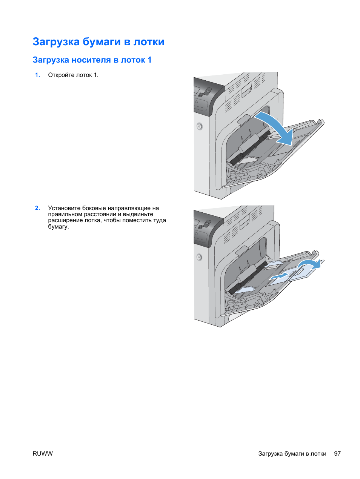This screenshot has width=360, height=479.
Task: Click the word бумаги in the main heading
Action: (x=102, y=42)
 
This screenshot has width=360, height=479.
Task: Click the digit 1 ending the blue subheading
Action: (x=149, y=60)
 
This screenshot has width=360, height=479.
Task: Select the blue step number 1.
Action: (x=37, y=75)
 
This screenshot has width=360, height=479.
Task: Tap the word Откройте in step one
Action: (x=61, y=75)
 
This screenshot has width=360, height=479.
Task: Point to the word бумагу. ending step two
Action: (x=58, y=227)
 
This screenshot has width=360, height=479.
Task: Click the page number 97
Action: (x=337, y=453)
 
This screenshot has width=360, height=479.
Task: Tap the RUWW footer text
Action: (x=43, y=453)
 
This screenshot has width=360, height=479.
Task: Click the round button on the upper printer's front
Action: (x=200, y=126)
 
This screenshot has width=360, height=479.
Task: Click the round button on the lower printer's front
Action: (x=199, y=257)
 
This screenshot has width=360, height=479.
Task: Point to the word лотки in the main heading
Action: (x=149, y=42)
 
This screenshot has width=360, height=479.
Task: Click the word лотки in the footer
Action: (x=318, y=453)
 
